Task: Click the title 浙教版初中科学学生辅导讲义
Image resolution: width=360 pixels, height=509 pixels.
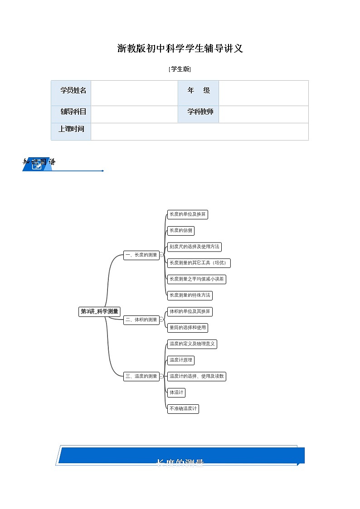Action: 180,48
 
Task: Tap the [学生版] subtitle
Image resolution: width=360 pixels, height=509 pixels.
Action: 180,69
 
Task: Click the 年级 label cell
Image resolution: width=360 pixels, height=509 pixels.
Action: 198,90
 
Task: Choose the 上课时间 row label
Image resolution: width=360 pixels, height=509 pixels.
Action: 71,129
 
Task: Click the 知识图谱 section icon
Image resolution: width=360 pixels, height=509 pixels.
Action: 37,165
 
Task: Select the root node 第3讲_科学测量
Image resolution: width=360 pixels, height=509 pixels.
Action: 99,311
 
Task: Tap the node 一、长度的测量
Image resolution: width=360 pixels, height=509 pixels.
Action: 141,255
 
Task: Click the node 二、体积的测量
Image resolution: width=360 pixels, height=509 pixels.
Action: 141,320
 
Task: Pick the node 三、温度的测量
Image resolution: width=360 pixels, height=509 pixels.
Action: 141,376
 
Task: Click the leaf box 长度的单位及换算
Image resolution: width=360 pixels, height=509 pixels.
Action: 188,214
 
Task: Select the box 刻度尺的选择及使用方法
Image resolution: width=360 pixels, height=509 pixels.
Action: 194,247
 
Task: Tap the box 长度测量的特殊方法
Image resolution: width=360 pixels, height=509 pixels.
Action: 190,295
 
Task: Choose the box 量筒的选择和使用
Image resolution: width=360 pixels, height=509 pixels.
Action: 188,327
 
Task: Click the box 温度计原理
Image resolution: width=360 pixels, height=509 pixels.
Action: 181,360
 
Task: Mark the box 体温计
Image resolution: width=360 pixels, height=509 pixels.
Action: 176,392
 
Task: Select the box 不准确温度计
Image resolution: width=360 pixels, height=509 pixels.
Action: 183,408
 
